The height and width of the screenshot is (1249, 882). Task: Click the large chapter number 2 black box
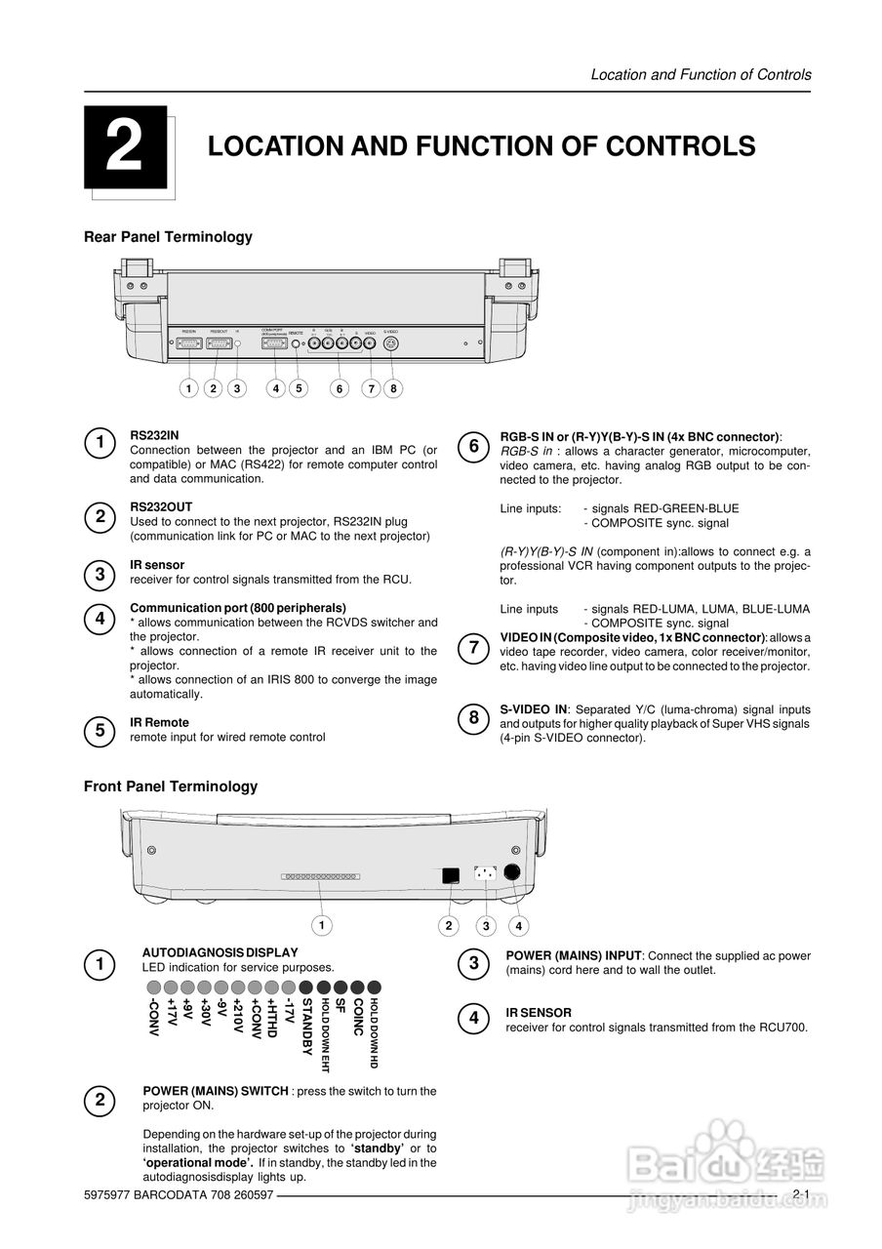(x=125, y=147)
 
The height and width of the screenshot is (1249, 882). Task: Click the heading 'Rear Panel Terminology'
(x=168, y=237)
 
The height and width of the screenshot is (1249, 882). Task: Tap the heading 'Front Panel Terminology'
(x=171, y=786)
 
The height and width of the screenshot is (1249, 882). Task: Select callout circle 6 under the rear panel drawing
(x=339, y=388)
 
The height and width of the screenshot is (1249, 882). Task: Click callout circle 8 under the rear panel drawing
(x=393, y=388)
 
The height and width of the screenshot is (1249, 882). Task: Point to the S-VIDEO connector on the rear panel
(x=390, y=343)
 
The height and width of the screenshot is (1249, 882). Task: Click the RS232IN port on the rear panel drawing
(x=189, y=343)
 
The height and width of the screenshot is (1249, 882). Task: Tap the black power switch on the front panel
(x=450, y=875)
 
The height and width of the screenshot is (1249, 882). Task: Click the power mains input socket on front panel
(x=485, y=874)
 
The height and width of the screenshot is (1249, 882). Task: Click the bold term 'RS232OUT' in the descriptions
(x=161, y=507)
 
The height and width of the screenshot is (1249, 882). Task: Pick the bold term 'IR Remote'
(x=159, y=723)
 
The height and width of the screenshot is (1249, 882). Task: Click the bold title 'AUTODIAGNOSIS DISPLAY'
(x=220, y=952)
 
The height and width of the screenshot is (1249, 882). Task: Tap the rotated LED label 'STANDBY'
(x=306, y=1027)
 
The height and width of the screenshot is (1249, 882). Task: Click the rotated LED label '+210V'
(x=238, y=1019)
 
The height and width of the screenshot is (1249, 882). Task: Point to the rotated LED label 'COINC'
(x=358, y=1018)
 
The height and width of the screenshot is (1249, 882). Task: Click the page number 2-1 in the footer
(x=801, y=1194)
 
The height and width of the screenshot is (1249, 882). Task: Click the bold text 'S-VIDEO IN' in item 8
(x=534, y=709)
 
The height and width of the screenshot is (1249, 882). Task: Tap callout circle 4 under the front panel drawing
(x=519, y=925)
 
